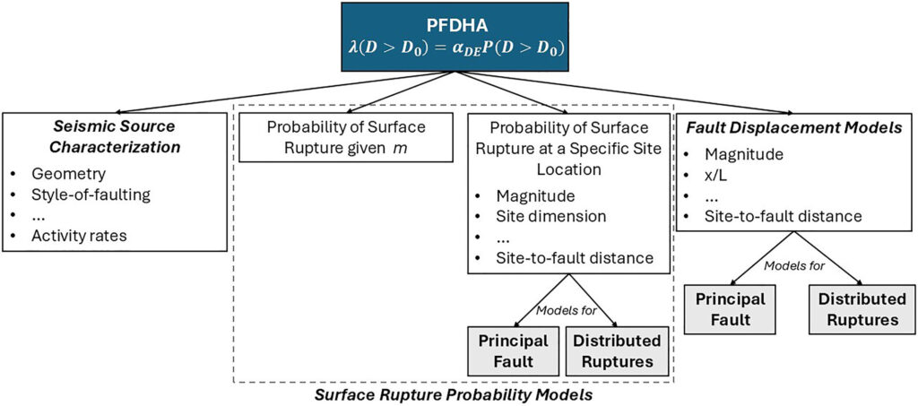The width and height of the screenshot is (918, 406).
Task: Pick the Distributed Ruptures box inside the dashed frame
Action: [617, 350]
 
